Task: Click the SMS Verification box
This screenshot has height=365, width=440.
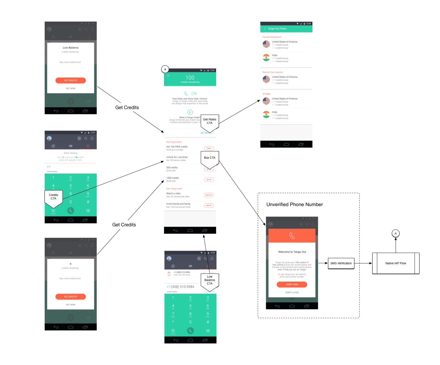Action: (x=341, y=263)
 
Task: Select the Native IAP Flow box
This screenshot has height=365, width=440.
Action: (x=395, y=263)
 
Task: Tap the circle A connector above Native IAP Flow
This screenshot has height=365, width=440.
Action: (x=395, y=233)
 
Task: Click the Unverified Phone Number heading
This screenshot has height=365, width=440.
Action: (x=294, y=205)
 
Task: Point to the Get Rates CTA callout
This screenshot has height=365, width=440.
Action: (x=209, y=121)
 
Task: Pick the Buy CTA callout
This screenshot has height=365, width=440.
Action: (x=209, y=158)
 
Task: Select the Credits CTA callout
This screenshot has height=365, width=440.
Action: (x=54, y=197)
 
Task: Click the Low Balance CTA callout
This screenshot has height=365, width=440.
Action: (x=209, y=280)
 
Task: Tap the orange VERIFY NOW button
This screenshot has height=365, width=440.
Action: (x=292, y=285)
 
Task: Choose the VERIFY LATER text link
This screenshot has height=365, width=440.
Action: (x=292, y=293)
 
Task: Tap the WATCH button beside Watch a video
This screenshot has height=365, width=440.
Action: (x=209, y=195)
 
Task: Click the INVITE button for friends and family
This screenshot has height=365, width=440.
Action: (x=209, y=206)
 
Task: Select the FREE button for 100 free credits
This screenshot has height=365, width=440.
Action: (x=209, y=148)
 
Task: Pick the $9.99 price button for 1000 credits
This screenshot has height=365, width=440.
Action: (x=209, y=179)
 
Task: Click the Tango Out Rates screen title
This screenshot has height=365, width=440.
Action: (x=277, y=29)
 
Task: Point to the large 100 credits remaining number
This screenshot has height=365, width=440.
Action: (x=190, y=78)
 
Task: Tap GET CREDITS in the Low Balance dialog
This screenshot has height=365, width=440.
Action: (x=71, y=80)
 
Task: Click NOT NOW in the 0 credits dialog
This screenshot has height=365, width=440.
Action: (x=71, y=305)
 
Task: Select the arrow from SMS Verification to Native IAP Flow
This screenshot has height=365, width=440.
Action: (x=363, y=263)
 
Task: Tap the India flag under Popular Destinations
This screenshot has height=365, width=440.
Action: (x=266, y=58)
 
